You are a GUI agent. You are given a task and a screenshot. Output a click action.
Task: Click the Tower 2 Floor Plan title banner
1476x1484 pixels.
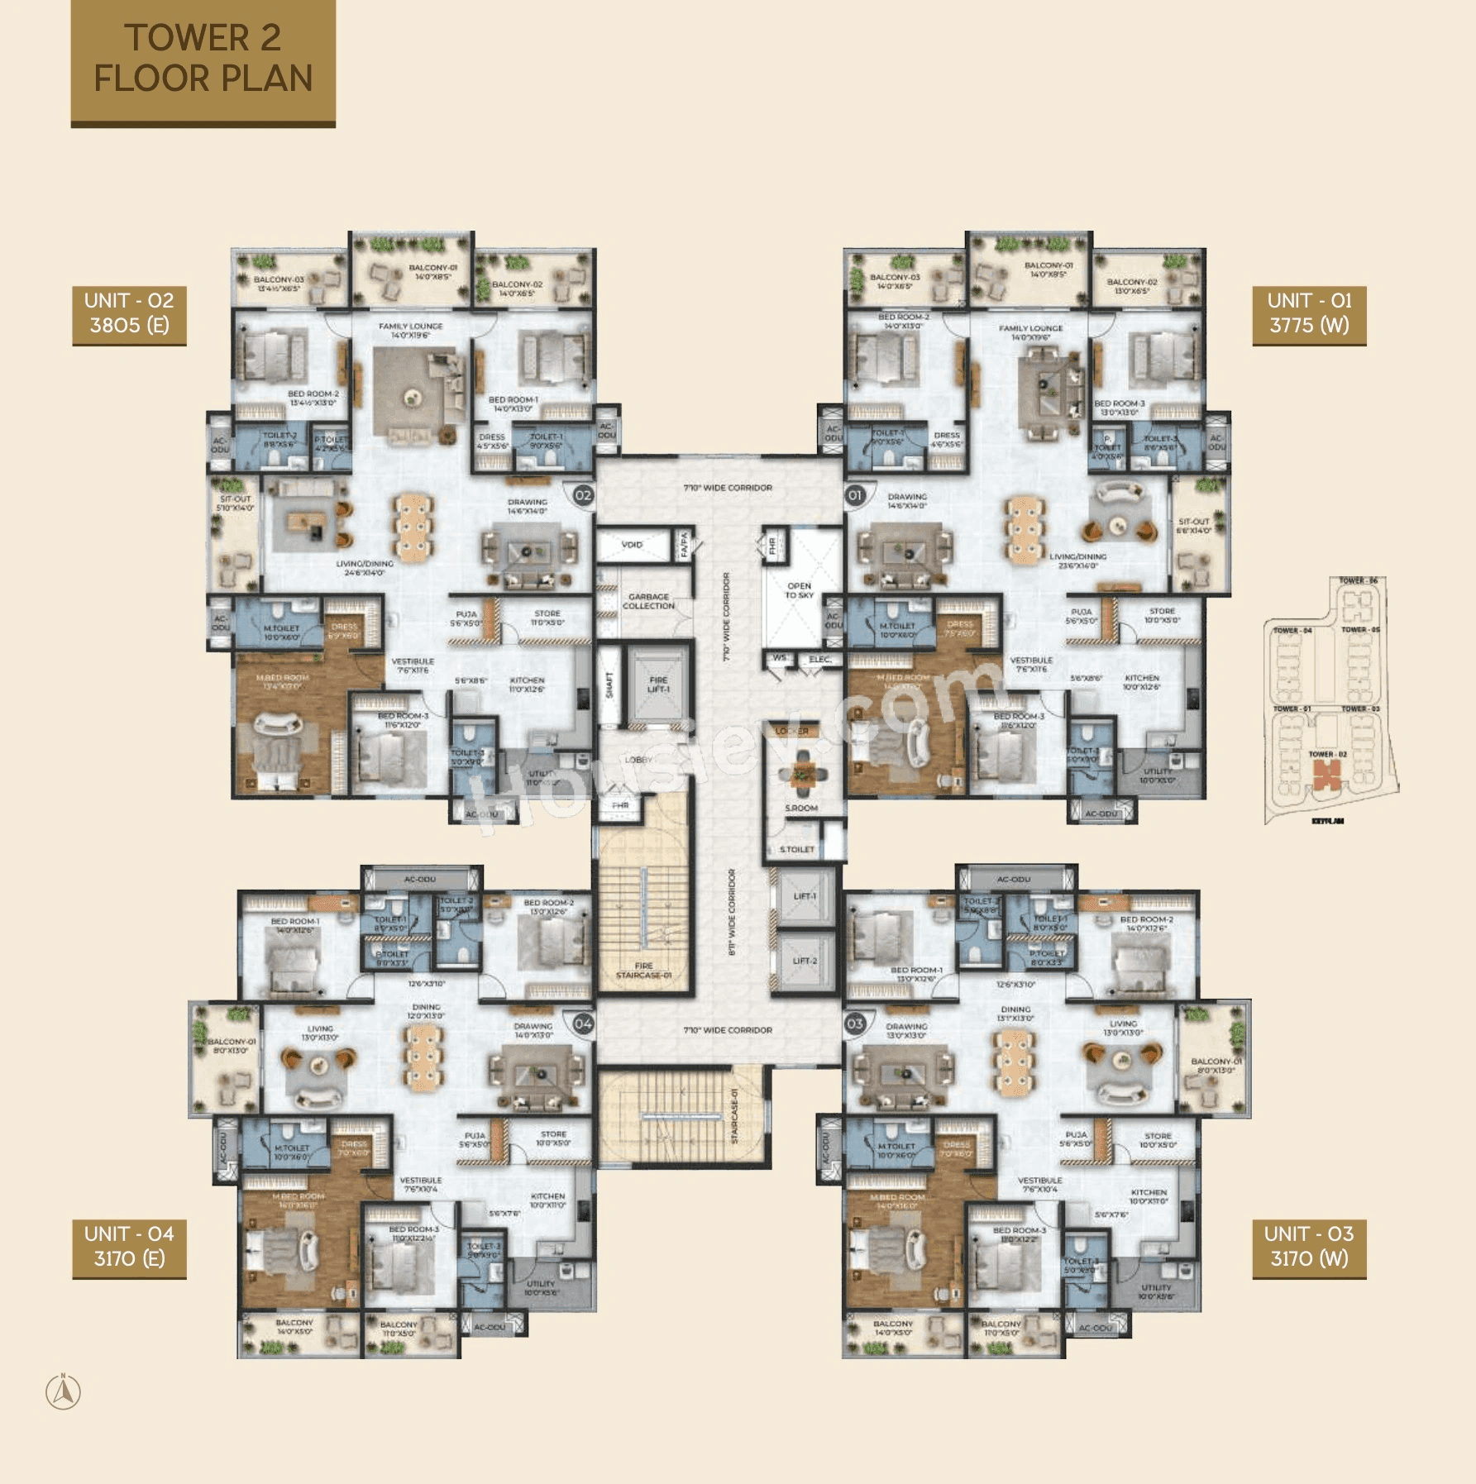point(203,60)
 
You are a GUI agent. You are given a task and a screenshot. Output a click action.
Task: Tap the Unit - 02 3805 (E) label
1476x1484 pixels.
point(129,313)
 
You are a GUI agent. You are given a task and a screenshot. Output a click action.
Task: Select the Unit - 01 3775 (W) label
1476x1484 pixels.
point(1309,313)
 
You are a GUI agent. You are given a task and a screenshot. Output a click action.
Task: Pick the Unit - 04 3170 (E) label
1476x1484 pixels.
point(129,1247)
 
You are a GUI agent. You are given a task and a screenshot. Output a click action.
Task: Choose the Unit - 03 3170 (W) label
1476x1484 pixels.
point(1309,1247)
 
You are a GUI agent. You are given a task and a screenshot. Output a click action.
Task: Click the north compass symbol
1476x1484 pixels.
point(63,1392)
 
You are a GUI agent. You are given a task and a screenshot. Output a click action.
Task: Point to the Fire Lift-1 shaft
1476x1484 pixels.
point(658,685)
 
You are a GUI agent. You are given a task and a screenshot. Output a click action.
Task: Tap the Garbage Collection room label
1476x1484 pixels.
point(648,601)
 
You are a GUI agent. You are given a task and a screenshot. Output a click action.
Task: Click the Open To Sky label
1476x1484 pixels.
point(799,590)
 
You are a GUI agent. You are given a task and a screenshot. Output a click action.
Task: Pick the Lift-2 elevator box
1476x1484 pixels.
point(805,961)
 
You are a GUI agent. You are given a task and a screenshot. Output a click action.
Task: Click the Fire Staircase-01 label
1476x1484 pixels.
point(643,971)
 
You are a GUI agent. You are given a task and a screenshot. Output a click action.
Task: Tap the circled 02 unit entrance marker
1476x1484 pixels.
point(583,495)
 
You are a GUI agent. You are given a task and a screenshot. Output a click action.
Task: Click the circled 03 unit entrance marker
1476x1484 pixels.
point(854,1024)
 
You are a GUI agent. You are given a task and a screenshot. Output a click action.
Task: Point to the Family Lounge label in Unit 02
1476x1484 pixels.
point(410,331)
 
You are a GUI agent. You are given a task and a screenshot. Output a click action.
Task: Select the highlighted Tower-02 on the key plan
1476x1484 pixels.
point(1326,775)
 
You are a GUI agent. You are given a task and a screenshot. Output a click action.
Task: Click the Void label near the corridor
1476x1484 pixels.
point(632,545)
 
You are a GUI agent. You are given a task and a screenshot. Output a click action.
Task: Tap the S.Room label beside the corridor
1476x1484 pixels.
point(801,808)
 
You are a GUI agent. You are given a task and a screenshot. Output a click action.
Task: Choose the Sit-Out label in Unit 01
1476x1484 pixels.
point(1193,526)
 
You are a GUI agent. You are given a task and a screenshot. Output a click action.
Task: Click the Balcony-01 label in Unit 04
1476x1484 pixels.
point(232,1046)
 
